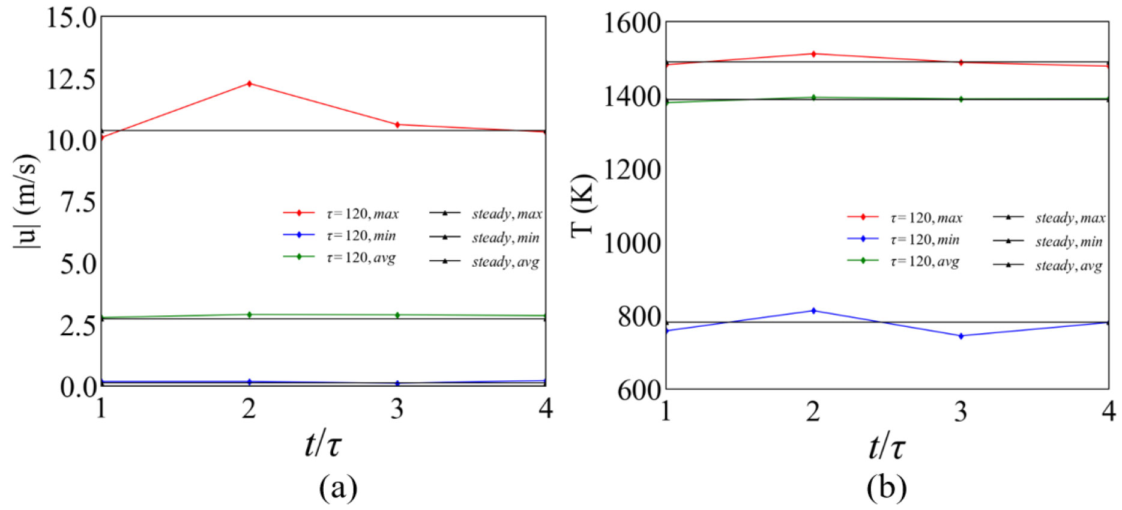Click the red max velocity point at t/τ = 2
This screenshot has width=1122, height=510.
(x=249, y=83)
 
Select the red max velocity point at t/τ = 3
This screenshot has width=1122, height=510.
(x=397, y=124)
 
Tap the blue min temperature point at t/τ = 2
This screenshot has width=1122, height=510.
(x=813, y=311)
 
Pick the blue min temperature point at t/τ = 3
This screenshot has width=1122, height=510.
(x=961, y=336)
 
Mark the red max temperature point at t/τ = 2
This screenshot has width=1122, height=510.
(x=813, y=54)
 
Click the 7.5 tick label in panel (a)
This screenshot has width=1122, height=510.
(x=79, y=202)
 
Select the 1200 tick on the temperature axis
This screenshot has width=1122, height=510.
(x=632, y=170)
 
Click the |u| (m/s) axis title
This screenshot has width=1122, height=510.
(x=26, y=201)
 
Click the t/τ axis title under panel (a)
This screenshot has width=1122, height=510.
(x=323, y=446)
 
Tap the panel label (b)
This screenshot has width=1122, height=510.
(x=887, y=488)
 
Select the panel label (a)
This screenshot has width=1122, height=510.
(x=338, y=488)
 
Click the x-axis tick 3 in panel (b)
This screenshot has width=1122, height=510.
(x=961, y=411)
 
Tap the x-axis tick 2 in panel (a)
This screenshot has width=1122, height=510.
(x=249, y=409)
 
